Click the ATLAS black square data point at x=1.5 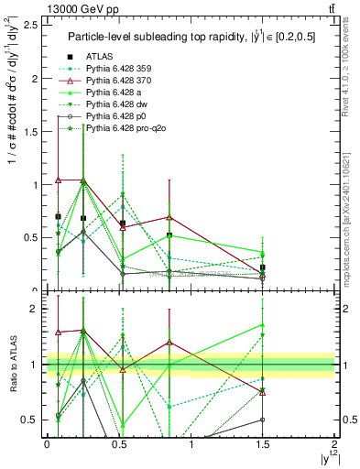point(262,267)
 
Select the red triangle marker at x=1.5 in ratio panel point(262,391)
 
